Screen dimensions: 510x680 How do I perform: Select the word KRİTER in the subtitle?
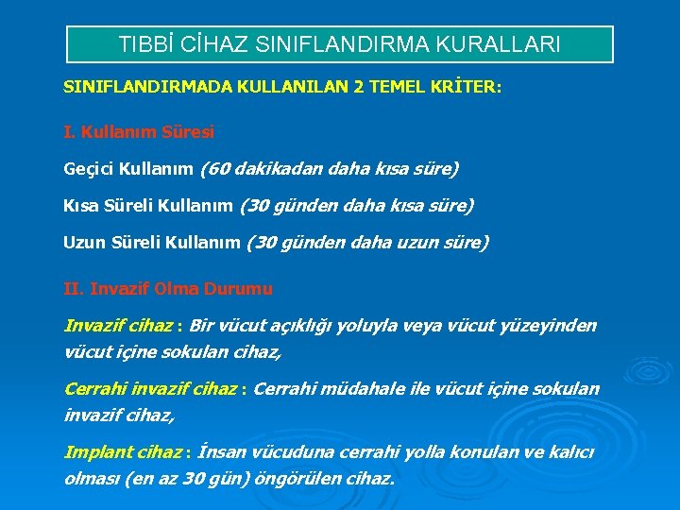468,87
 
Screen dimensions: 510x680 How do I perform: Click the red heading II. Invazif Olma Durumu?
167,288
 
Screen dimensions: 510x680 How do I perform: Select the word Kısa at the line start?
81,205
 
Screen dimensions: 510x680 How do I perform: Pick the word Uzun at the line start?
83,243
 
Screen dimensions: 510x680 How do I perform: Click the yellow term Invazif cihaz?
118,327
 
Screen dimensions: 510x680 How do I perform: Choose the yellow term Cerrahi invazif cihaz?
150,389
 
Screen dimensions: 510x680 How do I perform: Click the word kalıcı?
572,452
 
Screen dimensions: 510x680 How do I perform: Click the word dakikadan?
282,169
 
